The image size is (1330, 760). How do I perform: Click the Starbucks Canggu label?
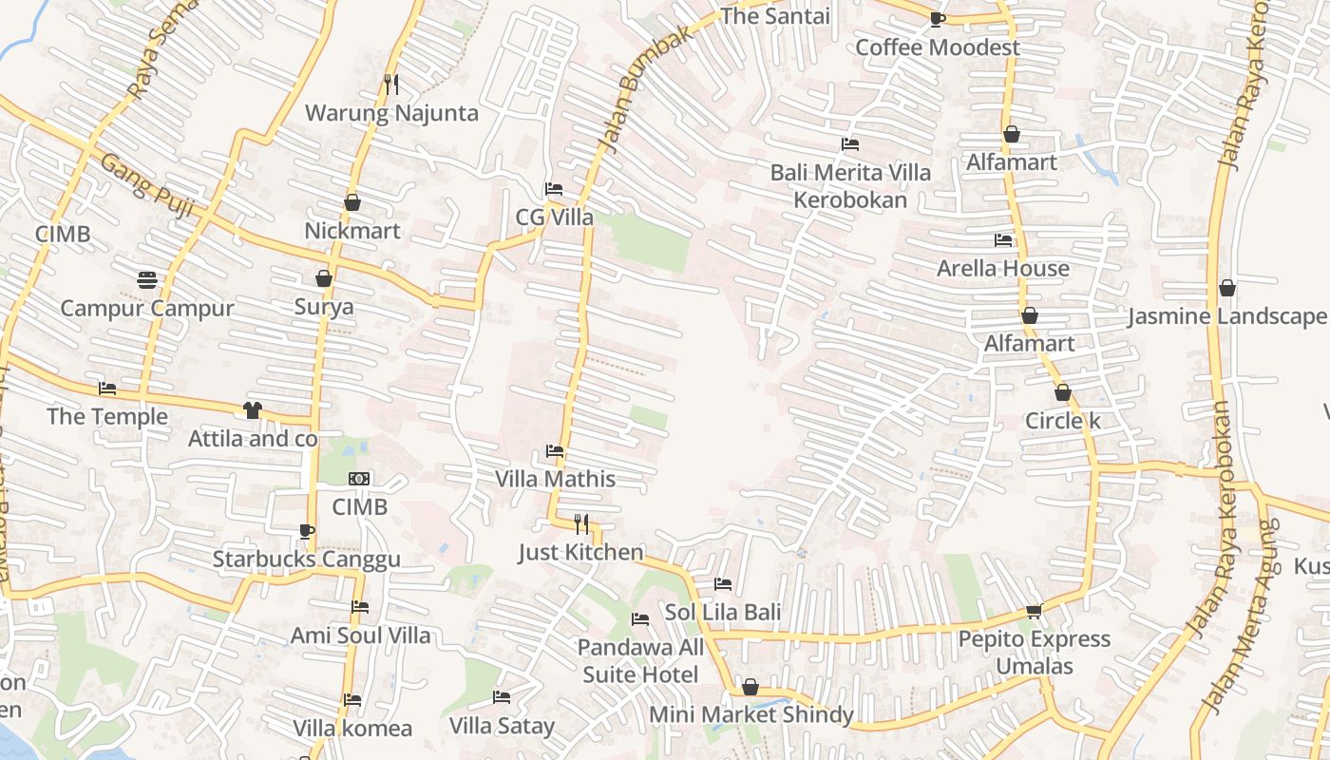point(306,560)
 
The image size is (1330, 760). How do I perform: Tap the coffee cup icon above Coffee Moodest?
point(937,19)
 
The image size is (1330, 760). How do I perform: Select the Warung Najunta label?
point(391,113)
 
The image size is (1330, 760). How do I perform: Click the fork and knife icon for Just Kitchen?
point(581,523)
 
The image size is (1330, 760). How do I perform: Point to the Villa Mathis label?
point(555,479)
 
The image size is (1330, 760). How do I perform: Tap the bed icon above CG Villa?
point(554,188)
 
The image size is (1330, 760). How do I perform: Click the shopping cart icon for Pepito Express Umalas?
point(1034,610)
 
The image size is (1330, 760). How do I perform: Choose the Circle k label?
point(1062,421)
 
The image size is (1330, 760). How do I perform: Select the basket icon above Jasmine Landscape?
point(1227,288)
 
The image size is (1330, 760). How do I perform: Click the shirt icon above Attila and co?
point(252,410)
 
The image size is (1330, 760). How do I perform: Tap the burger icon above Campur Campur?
point(146,280)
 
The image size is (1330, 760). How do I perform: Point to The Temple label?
point(107,416)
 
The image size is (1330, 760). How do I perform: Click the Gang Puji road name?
point(147,185)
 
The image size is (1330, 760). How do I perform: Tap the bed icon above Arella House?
point(1003,240)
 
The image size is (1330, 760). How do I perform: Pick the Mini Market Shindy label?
point(750,714)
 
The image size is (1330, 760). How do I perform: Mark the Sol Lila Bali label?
point(723,612)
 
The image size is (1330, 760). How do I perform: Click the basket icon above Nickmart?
point(352,202)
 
